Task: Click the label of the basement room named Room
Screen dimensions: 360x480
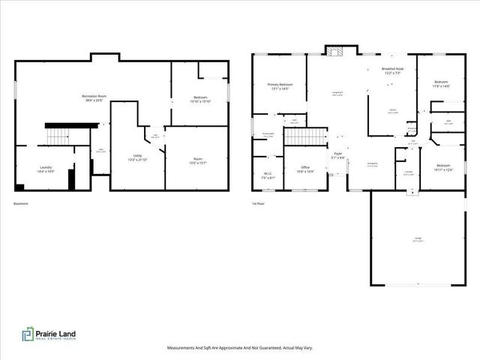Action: click(197, 159)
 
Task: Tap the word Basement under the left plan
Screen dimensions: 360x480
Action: click(22, 204)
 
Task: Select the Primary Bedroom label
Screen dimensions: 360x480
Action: click(280, 86)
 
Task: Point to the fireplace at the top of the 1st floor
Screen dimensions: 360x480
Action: click(334, 51)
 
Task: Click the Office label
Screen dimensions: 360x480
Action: click(305, 169)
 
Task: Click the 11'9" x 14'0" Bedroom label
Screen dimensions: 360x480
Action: click(441, 84)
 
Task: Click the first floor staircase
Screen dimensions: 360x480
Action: click(306, 136)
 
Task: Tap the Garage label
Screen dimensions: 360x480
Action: click(416, 240)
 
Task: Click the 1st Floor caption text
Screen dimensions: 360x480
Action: click(259, 204)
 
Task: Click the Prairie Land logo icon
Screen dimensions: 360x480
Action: click(27, 334)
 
